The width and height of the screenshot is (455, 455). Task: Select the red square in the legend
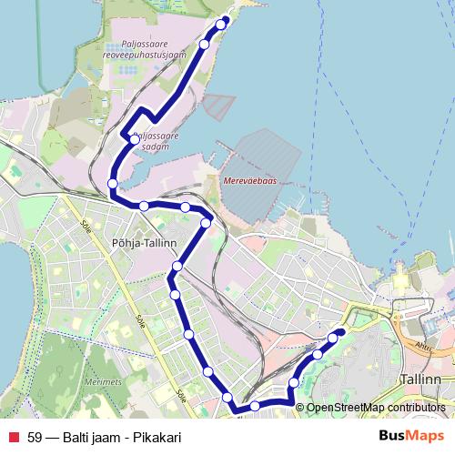click(13, 438)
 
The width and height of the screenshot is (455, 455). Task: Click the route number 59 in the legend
click(35, 438)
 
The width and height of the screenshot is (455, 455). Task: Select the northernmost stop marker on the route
click(225, 23)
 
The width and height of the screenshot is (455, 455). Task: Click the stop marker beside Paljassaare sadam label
click(135, 140)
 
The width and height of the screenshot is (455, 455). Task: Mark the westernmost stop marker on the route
click(113, 184)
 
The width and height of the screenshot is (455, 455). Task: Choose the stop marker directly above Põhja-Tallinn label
click(144, 207)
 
